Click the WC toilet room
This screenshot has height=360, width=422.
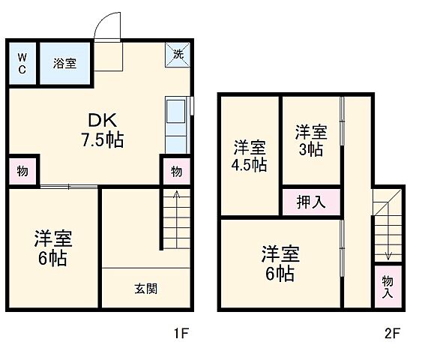tap(22, 64)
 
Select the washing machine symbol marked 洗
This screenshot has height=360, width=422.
tap(178, 54)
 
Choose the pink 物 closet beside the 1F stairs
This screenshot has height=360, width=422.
tap(175, 172)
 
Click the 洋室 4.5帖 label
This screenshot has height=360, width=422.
tap(249, 156)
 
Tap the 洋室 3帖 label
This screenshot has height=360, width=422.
tap(310, 140)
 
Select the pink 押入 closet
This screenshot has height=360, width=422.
tap(310, 201)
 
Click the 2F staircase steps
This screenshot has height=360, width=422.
tap(388, 225)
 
